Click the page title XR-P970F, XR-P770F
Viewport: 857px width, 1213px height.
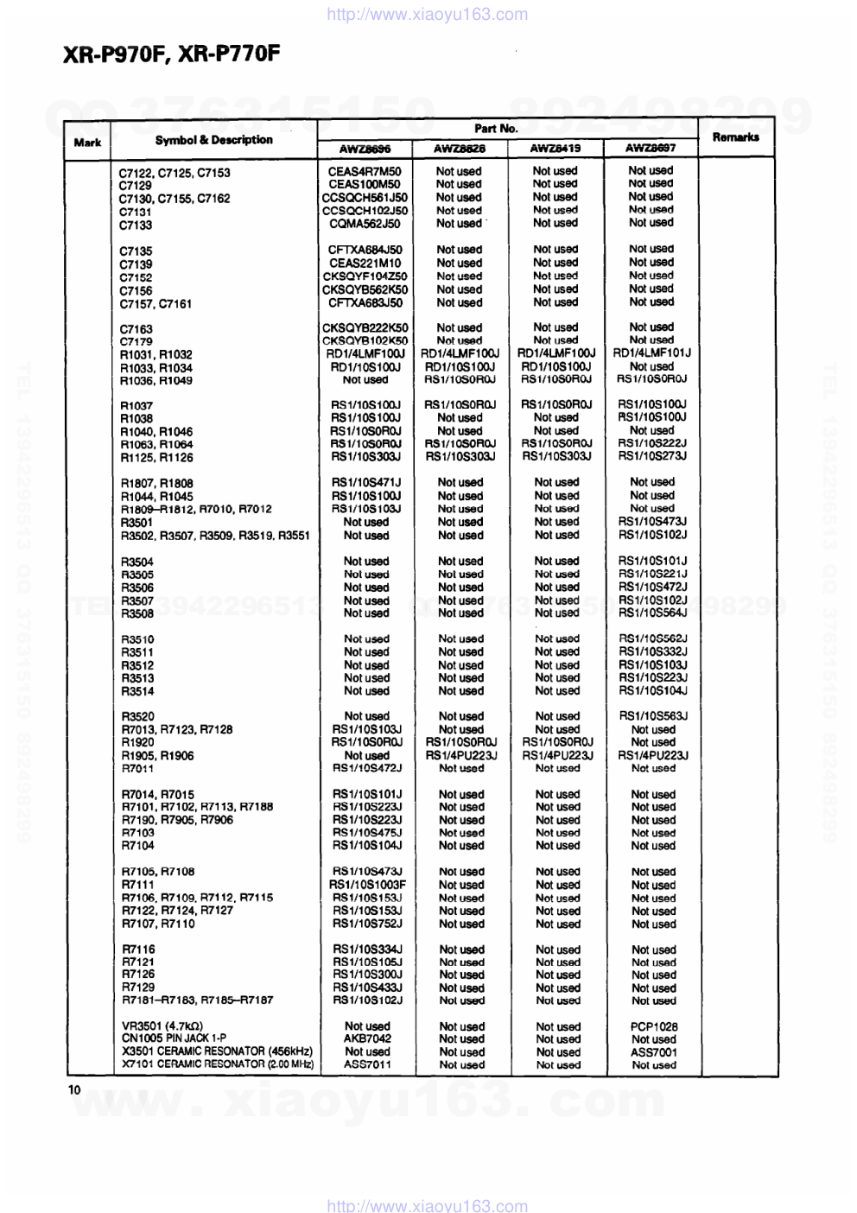tap(171, 54)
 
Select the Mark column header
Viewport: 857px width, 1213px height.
tap(87, 143)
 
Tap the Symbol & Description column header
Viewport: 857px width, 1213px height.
tap(213, 140)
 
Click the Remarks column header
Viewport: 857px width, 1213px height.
tap(735, 137)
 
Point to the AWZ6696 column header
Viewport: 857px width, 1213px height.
tap(365, 149)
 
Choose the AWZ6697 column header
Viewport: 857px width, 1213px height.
tap(651, 148)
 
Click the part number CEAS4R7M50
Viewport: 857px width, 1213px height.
tap(365, 171)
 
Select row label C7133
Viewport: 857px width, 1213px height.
tap(136, 225)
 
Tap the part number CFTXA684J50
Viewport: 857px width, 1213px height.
tap(365, 250)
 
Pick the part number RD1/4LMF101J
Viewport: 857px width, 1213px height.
tap(651, 352)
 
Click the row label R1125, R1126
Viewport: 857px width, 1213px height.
tap(157, 457)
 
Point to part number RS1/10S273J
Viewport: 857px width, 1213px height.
tap(652, 456)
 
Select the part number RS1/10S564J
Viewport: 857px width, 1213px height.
tap(652, 613)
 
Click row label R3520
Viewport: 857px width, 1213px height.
tap(138, 716)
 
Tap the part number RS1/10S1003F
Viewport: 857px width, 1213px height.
tap(367, 885)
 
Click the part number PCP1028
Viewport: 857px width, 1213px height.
tap(654, 1026)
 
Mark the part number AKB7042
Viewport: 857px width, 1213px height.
tap(367, 1038)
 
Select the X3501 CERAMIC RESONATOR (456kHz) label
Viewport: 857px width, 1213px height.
tap(217, 1051)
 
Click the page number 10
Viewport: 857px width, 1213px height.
tap(74, 1089)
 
